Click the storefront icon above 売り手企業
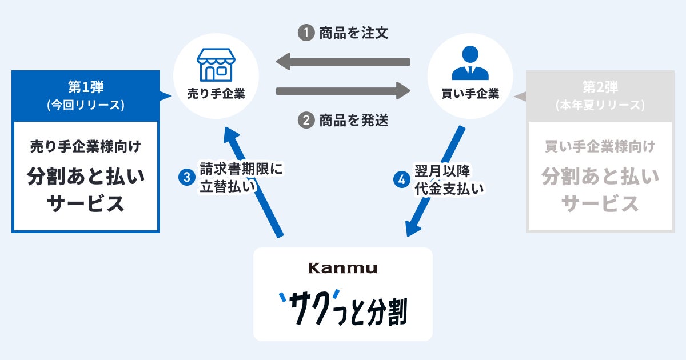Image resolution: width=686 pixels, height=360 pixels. pyautogui.click(x=216, y=64)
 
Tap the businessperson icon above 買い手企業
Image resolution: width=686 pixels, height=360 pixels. pyautogui.click(x=470, y=63)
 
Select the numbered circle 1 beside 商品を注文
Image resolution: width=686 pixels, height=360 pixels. pyautogui.click(x=306, y=33)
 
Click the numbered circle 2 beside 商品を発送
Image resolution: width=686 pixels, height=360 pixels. pyautogui.click(x=306, y=121)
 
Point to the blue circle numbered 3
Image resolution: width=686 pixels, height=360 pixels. pyautogui.click(x=186, y=178)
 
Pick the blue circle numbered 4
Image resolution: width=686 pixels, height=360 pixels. pyautogui.click(x=402, y=179)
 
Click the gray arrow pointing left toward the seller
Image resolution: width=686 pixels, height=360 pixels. pyautogui.click(x=343, y=61)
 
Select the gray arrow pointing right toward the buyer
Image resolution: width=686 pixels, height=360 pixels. pyautogui.click(x=343, y=90)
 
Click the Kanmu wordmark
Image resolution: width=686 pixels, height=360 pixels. pyautogui.click(x=343, y=267)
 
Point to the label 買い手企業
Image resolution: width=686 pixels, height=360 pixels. pyautogui.click(x=470, y=94)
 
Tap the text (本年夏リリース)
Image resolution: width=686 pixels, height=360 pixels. pyautogui.click(x=600, y=105)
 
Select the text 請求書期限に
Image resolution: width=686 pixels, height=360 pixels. pyautogui.click(x=241, y=169)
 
